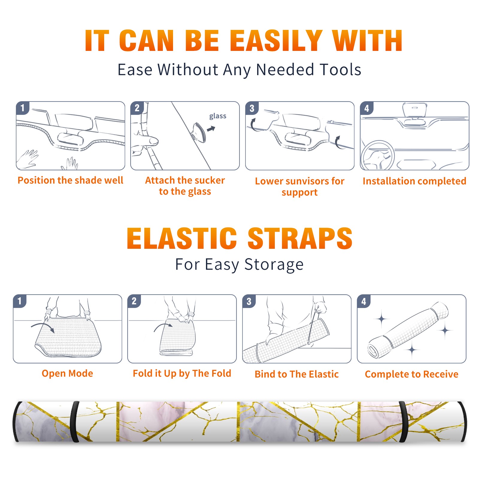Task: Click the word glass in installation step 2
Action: click(x=218, y=116)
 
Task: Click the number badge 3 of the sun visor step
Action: click(x=252, y=108)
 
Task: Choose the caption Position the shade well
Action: click(x=70, y=180)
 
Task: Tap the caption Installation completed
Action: click(x=414, y=181)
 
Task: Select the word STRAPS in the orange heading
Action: click(x=300, y=238)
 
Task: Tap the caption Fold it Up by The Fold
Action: click(x=182, y=374)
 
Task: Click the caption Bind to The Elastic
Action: click(x=297, y=374)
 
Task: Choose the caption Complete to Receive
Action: click(x=412, y=374)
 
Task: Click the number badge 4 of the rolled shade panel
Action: click(x=364, y=301)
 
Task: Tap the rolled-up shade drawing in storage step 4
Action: click(x=408, y=330)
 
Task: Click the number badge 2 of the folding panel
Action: click(x=134, y=301)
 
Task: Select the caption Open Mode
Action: click(x=67, y=374)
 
